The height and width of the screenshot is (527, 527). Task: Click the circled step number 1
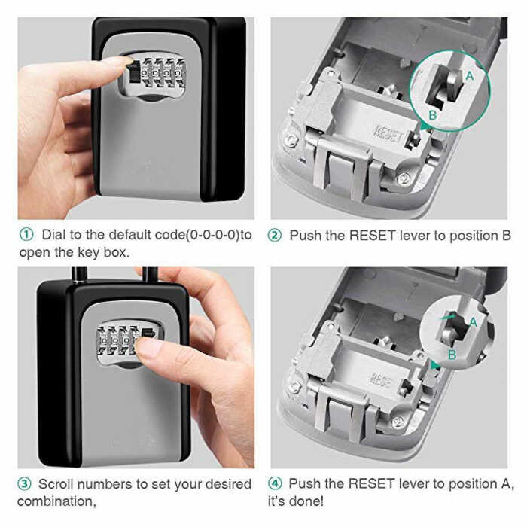point(26,235)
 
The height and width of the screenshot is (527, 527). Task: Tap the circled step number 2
point(275,235)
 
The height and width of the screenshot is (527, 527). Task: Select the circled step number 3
point(24,484)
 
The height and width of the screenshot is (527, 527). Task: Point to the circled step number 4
point(275,483)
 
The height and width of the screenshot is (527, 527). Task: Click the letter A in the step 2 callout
point(470,76)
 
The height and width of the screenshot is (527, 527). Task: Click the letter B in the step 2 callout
point(433,115)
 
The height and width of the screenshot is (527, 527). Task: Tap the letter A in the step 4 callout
point(474,322)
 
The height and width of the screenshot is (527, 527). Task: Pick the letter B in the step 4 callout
point(452,355)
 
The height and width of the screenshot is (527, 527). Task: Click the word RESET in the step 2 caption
point(373,236)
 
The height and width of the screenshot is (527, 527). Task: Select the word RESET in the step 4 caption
point(371,483)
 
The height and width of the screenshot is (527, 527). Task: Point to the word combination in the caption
point(56,501)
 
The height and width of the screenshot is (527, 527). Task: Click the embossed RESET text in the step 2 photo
point(388,134)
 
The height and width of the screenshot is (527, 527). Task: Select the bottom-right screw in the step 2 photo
point(403,178)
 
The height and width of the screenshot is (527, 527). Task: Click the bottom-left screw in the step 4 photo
point(294,388)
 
